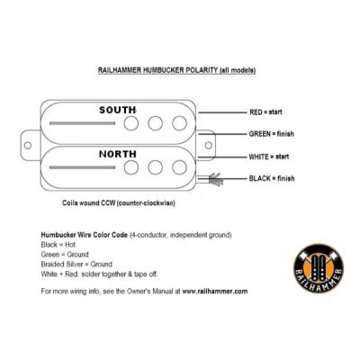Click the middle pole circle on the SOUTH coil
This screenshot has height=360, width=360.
[155, 123]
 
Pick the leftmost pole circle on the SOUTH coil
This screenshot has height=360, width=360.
[133, 123]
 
